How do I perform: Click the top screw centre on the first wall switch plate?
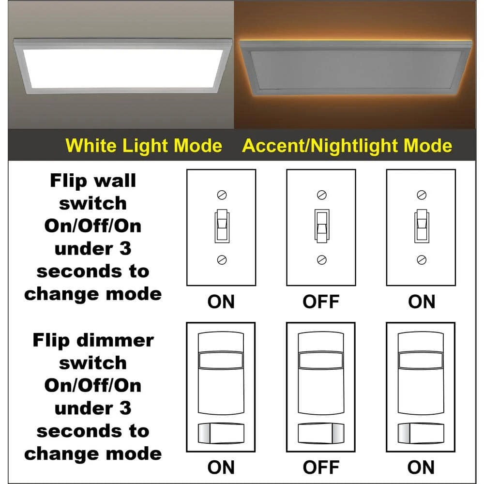[x=222, y=195]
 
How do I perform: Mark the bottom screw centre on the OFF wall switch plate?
[x=322, y=260]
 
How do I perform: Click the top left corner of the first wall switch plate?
[x=187, y=169]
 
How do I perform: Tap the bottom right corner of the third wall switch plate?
[x=455, y=286]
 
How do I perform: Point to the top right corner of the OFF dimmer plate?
[x=355, y=323]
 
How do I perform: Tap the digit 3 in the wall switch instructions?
[x=125, y=249]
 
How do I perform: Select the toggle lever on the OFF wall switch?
[x=322, y=226]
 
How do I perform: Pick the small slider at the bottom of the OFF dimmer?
[x=321, y=433]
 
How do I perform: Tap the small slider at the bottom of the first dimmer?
[x=221, y=433]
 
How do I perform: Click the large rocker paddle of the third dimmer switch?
[x=421, y=373]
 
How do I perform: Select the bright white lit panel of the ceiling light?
[x=123, y=69]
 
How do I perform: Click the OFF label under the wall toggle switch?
[x=321, y=302]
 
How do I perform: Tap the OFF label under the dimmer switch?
[x=321, y=468]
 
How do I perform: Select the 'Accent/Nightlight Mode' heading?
[x=347, y=146]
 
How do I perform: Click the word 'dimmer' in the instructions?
[x=115, y=340]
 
